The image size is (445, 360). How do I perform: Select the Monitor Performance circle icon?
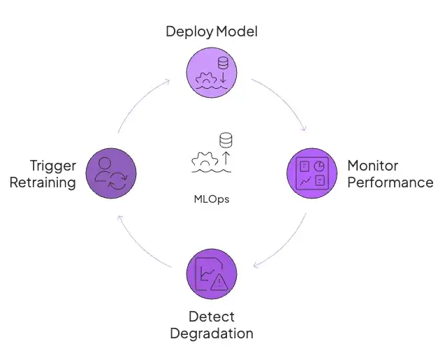312,174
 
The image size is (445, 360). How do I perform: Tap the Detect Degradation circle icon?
212,275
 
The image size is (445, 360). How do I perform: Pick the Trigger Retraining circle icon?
111,174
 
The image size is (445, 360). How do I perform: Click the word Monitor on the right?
373,166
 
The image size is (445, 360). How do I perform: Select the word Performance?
390,183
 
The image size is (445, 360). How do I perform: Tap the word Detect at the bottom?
211,317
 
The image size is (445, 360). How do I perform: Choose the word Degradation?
211,333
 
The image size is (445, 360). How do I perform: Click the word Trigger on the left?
53,166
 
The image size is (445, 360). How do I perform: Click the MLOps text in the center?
212,199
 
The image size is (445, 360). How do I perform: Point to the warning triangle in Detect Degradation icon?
220,282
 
